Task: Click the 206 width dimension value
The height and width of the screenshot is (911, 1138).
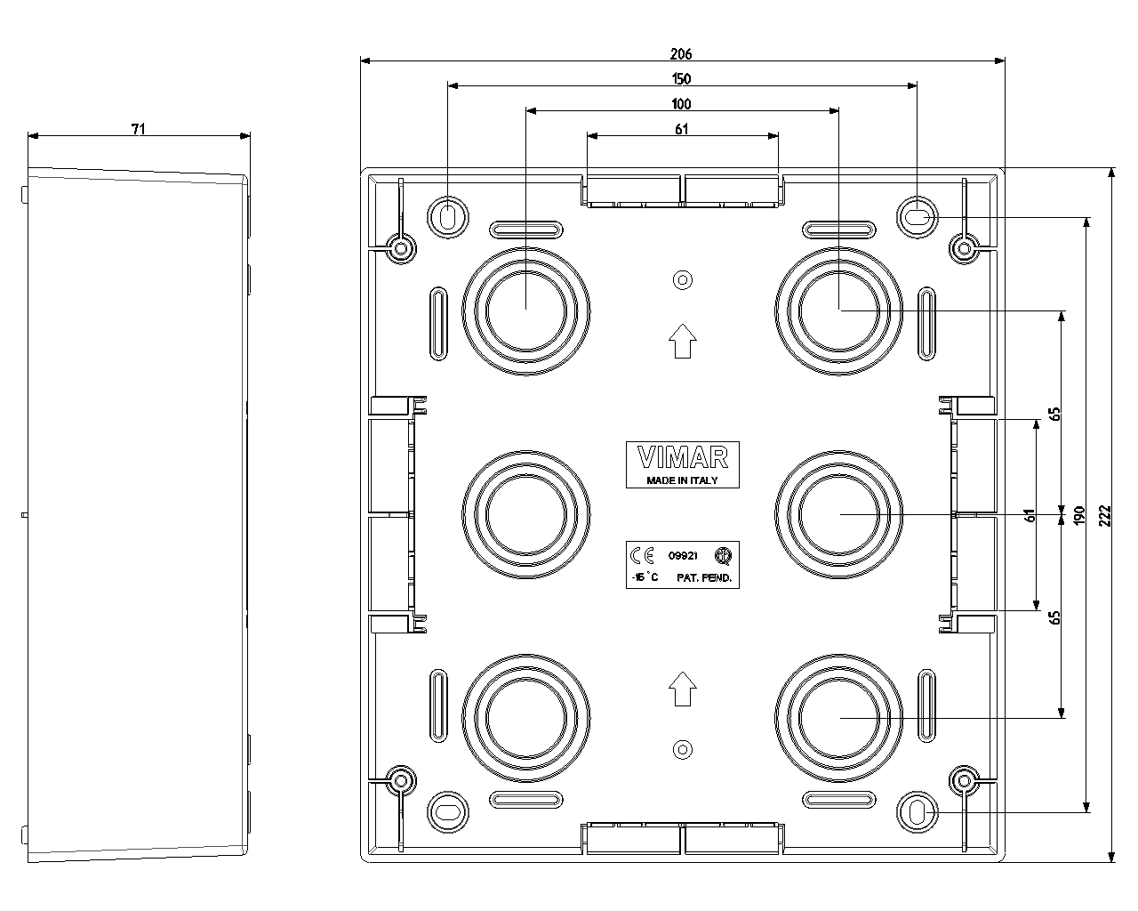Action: click(x=681, y=54)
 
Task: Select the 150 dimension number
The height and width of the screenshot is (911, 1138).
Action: click(x=681, y=79)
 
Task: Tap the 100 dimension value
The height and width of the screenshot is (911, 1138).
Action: click(x=681, y=104)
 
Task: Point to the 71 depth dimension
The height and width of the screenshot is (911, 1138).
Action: click(x=138, y=129)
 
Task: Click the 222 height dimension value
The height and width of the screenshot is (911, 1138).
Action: click(x=1105, y=516)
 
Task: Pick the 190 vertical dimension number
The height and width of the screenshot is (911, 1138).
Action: click(x=1079, y=516)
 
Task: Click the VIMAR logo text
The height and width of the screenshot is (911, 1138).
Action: click(x=683, y=457)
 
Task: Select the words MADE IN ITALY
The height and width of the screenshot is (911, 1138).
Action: click(x=682, y=480)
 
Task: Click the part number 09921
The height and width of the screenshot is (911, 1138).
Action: click(x=683, y=556)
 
